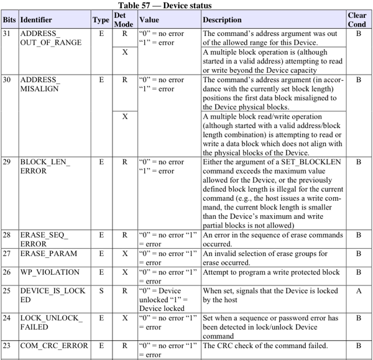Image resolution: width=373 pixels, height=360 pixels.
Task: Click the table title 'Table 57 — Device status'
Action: click(x=186, y=5)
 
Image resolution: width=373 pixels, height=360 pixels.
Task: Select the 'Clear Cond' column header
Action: click(x=357, y=20)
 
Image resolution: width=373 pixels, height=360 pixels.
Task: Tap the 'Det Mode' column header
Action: click(x=124, y=20)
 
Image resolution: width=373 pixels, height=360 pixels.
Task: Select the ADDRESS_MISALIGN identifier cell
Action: click(x=40, y=85)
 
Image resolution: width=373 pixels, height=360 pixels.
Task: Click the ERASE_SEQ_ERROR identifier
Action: click(x=44, y=239)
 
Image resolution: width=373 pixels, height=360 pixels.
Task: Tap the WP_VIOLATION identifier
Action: click(x=50, y=272)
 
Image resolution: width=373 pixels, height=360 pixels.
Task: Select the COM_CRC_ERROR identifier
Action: click(x=54, y=346)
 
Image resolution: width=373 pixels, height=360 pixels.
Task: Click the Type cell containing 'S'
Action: click(x=101, y=290)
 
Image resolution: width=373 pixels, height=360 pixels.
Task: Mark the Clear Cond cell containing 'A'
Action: click(x=358, y=290)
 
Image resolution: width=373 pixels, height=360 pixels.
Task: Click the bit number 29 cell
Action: click(x=9, y=162)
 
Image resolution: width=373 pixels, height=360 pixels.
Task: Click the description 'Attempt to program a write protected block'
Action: click(x=271, y=272)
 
